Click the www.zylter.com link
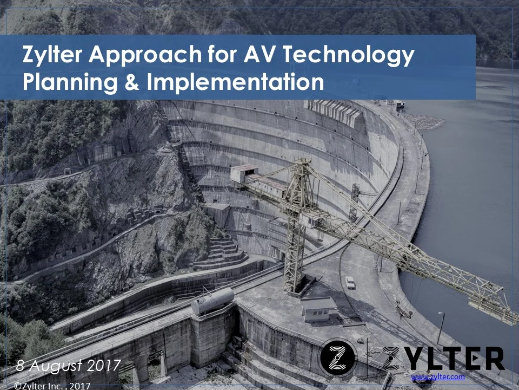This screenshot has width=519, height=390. [438, 376]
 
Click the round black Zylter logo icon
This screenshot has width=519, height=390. [338, 357]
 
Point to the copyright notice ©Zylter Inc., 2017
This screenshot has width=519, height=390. [51, 386]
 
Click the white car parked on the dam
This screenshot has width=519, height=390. [350, 282]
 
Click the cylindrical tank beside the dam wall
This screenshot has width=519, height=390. [212, 301]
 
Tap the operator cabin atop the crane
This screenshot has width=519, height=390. [244, 173]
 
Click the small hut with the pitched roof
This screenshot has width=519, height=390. [319, 309]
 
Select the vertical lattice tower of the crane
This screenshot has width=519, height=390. [295, 238]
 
